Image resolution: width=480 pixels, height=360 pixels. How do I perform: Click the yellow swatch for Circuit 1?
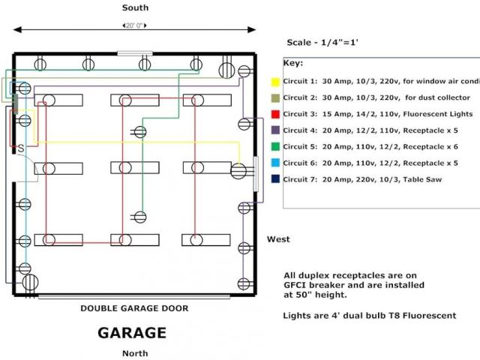click(x=275, y=81)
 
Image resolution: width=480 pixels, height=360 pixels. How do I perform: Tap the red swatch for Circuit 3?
click(x=275, y=114)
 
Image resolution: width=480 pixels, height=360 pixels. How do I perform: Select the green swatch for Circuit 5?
click(x=275, y=146)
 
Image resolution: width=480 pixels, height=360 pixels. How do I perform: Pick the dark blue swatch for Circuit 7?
click(x=275, y=179)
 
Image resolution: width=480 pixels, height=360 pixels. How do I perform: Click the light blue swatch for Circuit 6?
click(x=275, y=163)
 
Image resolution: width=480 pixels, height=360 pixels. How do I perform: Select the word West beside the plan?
click(x=279, y=239)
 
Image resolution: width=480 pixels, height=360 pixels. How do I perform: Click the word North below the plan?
click(x=136, y=352)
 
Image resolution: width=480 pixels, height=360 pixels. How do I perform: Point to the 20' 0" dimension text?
click(x=135, y=25)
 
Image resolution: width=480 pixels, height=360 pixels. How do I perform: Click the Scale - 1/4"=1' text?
click(x=323, y=43)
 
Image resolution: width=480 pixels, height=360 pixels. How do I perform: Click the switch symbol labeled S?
click(x=21, y=147)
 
